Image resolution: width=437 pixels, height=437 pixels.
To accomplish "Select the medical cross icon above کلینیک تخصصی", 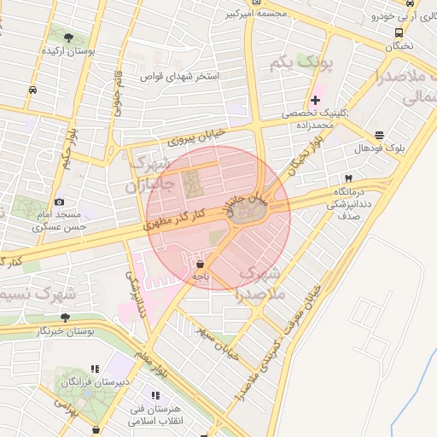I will coord(316,101).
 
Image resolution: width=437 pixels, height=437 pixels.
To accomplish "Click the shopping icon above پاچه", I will coord(200,264).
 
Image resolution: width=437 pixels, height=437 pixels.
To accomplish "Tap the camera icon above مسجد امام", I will coord(59,201).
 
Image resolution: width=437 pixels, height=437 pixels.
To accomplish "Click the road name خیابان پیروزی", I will coord(197,134).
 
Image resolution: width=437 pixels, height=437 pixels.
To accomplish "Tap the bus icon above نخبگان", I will coord(399,33).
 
